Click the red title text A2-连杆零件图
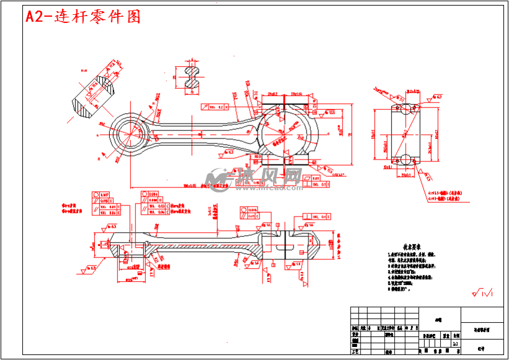(x=83, y=17)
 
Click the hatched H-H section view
(x=93, y=96)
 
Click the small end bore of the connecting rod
(x=132, y=133)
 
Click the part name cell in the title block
(x=482, y=330)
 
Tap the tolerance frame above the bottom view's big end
(x=318, y=217)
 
